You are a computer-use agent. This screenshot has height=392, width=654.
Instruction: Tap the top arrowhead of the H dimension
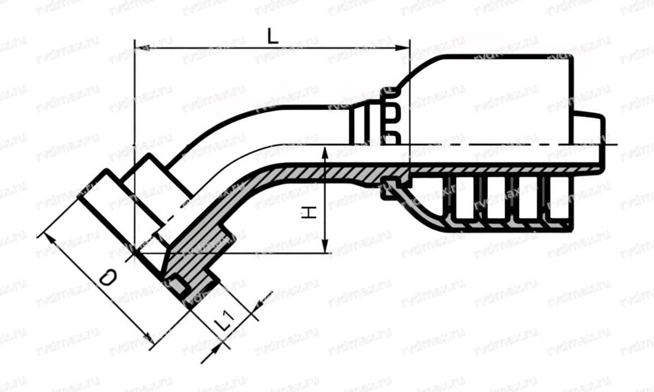(325, 151)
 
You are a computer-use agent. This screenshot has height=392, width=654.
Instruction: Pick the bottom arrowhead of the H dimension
(325, 248)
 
